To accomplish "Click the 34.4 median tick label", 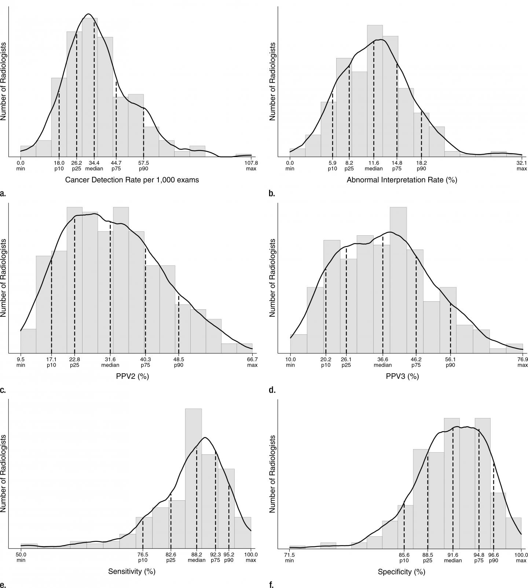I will (x=94, y=166).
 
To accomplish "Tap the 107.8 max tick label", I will (x=251, y=166).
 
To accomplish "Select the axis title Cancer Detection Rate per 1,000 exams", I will (x=132, y=180).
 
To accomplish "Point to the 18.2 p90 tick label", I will (x=421, y=166).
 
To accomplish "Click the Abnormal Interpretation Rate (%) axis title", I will (x=401, y=180).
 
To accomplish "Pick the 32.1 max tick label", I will (x=521, y=166).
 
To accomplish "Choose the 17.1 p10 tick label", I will (x=51, y=362).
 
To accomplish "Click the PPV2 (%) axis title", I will (x=133, y=376).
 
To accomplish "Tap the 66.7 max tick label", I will (x=252, y=362).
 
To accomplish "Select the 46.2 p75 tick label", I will (x=416, y=362).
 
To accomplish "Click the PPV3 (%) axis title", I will (x=402, y=376).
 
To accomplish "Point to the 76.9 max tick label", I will (x=522, y=362).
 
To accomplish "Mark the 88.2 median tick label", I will (x=197, y=558).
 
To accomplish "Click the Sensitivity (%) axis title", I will (x=132, y=571).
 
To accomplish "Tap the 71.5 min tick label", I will (x=290, y=558).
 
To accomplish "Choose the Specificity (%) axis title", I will (x=401, y=571).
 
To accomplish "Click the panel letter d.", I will (x=272, y=390).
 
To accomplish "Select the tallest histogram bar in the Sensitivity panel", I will (x=193, y=477).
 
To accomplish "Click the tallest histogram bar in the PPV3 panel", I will (x=398, y=279).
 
